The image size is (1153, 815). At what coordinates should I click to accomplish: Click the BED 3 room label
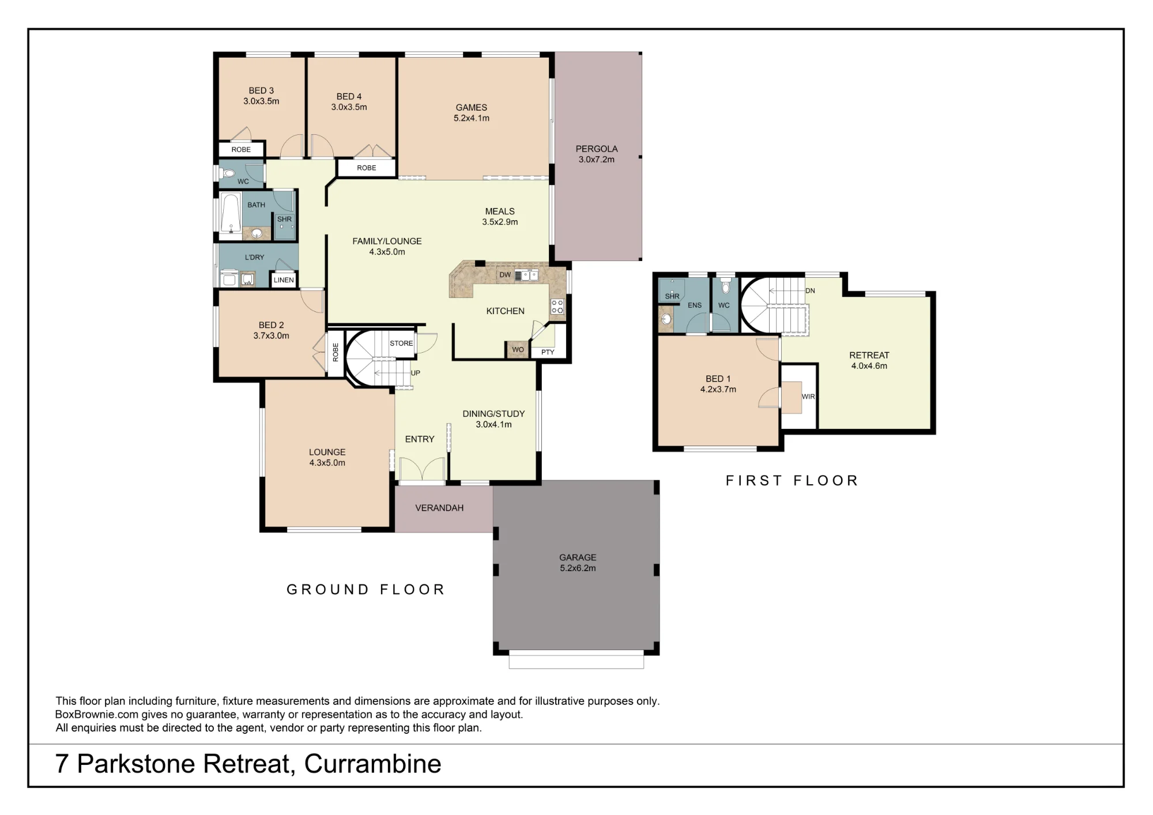pos(261,90)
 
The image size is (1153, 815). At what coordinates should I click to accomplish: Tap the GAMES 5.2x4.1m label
pos(472,112)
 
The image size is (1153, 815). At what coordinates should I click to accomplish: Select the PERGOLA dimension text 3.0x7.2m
pos(597,160)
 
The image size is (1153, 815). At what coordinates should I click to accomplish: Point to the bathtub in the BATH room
pos(231,213)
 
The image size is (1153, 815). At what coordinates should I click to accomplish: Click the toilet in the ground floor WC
pos(228,173)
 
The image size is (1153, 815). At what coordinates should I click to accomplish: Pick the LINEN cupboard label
pos(284,280)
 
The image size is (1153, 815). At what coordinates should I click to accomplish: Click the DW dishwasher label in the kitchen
pos(505,275)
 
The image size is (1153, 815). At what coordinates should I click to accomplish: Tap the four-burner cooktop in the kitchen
pos(557,306)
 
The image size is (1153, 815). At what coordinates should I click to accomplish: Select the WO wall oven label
pos(518,350)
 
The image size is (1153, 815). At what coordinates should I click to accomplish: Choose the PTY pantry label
pos(548,352)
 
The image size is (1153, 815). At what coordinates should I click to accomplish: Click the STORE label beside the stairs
pos(401,344)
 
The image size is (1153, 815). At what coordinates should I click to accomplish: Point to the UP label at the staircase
pos(416,373)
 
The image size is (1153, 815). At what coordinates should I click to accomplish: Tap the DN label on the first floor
pos(811,291)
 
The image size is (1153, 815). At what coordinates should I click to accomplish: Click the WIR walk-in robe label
pos(808,397)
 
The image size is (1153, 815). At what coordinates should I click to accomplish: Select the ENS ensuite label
pos(695,305)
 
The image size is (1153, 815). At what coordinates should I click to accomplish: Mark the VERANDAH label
pos(439,508)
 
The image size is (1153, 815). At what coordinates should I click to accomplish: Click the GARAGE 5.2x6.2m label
pos(578,563)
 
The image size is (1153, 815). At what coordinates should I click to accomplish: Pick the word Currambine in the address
pos(372,764)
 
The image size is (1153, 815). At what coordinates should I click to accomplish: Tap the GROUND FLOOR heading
pos(366,590)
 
